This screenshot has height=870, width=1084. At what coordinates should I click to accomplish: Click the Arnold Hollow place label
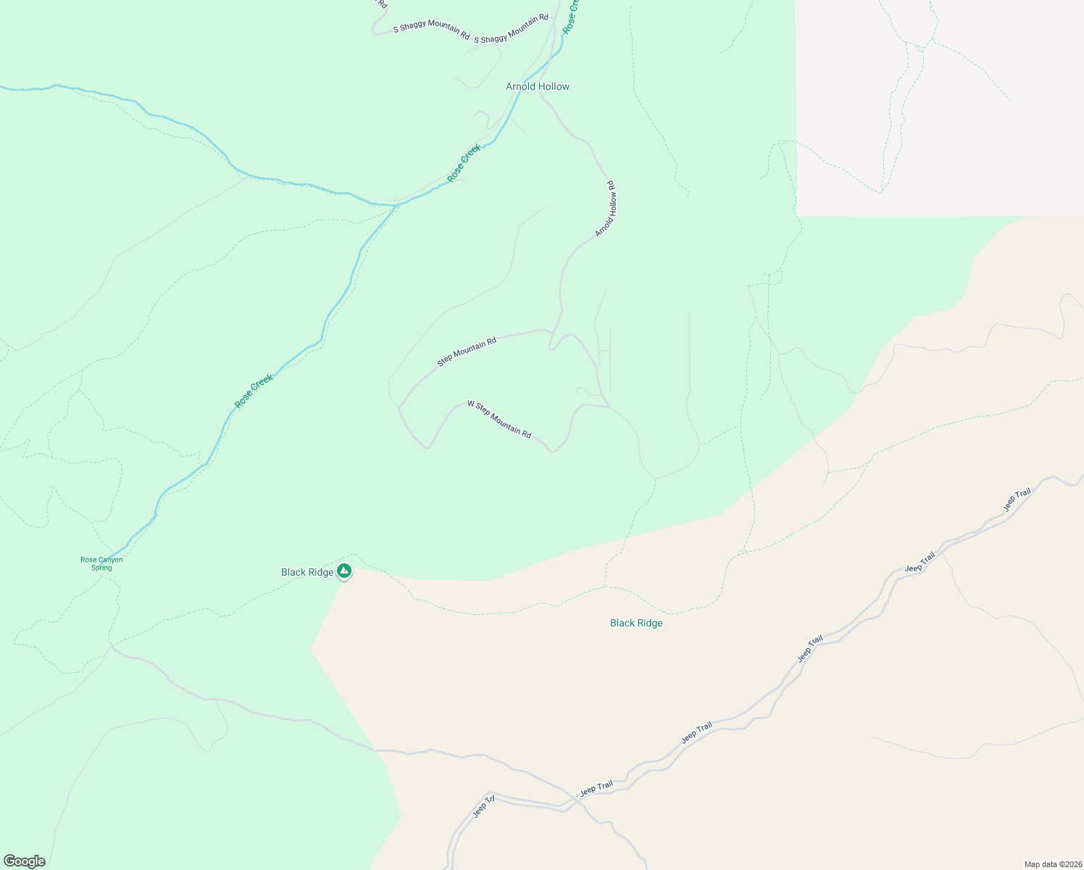[x=538, y=86]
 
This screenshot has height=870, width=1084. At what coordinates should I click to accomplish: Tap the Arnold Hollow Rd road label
[x=606, y=209]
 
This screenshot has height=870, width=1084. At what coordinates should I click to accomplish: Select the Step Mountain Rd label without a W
[x=467, y=351]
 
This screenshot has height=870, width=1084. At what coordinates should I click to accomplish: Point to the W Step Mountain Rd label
[x=499, y=419]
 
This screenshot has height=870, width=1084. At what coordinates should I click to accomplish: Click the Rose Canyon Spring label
[x=101, y=563]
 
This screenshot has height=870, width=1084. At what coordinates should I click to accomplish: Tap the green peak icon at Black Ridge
[x=345, y=571]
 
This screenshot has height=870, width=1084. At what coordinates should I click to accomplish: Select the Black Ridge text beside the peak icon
[x=307, y=572]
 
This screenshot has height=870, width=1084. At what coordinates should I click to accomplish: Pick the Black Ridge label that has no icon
[x=636, y=623]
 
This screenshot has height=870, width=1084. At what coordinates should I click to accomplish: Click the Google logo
[x=24, y=861]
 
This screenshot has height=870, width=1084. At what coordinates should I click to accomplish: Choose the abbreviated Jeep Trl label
[x=483, y=806]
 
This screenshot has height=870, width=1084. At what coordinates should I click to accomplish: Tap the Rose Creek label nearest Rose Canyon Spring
[x=254, y=391]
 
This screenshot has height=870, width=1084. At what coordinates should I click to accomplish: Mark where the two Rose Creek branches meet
[x=397, y=205]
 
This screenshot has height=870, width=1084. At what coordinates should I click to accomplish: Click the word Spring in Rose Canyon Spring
[x=101, y=568]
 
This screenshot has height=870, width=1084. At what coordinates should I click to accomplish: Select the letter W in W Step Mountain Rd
[x=470, y=403]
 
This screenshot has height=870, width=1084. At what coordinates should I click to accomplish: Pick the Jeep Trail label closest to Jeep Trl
[x=596, y=787]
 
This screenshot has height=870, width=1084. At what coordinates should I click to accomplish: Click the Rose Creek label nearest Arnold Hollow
[x=464, y=163]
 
